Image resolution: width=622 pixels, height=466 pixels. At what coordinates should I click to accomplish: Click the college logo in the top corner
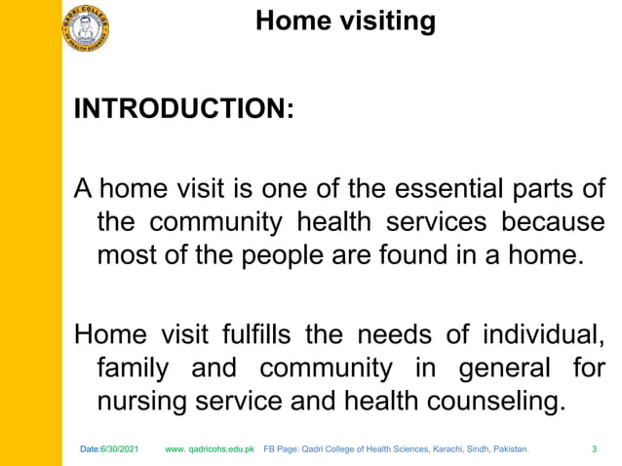86,27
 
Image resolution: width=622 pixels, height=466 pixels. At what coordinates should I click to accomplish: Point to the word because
553,222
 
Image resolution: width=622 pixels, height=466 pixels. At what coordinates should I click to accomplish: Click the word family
134,370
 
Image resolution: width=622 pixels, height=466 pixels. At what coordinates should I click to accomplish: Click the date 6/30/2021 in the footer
120,450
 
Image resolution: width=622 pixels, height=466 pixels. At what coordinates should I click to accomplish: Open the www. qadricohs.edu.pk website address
210,450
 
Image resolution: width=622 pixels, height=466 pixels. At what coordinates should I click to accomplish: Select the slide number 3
595,450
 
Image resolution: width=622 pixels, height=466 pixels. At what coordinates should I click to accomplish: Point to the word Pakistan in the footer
507,450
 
